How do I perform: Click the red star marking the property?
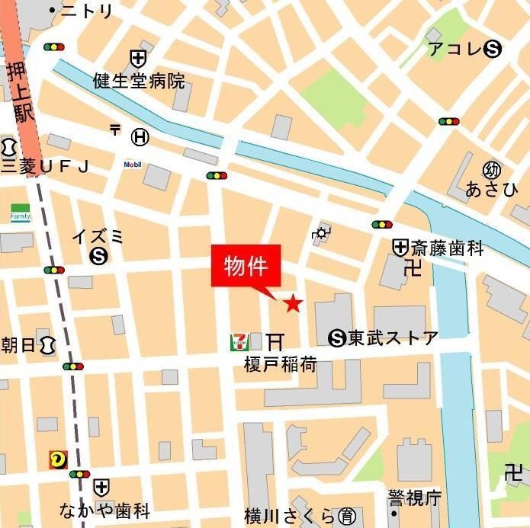click(x=293, y=305)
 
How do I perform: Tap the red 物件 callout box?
click(x=246, y=267)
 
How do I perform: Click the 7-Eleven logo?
click(x=239, y=342)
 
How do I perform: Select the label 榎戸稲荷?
click(x=280, y=364)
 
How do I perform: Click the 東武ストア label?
click(x=393, y=338)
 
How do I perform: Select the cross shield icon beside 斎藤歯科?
click(x=400, y=247)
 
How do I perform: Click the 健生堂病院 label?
click(x=139, y=81)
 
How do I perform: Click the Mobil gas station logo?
click(x=133, y=165)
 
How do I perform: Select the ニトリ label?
click(x=87, y=11)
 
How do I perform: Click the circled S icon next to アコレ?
click(x=493, y=50)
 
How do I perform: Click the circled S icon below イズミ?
click(x=98, y=257)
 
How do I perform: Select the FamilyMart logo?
click(x=20, y=213)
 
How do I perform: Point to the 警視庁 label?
click(x=415, y=499)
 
